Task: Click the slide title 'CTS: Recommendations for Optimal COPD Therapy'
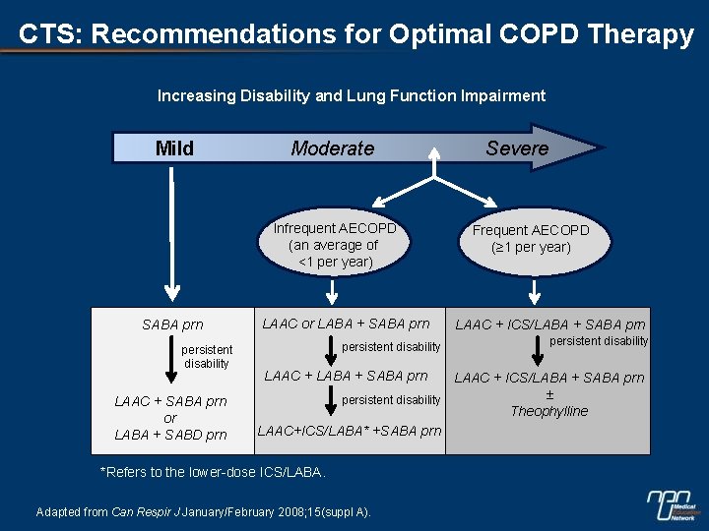pyautogui.click(x=355, y=34)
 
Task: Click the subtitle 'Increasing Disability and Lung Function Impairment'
pyautogui.click(x=352, y=96)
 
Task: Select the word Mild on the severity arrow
pyautogui.click(x=174, y=148)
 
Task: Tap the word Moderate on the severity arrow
pyautogui.click(x=333, y=148)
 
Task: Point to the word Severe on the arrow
pyautogui.click(x=517, y=148)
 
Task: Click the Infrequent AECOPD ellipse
pyautogui.click(x=335, y=245)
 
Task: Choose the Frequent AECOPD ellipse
pyautogui.click(x=531, y=239)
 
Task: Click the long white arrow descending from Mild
pyautogui.click(x=172, y=236)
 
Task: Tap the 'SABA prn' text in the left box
pyautogui.click(x=172, y=325)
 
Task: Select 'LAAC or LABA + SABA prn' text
pyautogui.click(x=346, y=324)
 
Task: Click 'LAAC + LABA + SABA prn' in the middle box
pyautogui.click(x=346, y=376)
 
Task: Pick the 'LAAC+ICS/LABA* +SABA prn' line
pyautogui.click(x=349, y=430)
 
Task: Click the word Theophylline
pyautogui.click(x=548, y=411)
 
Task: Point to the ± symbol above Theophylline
pyautogui.click(x=549, y=394)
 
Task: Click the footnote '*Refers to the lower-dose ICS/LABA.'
pyautogui.click(x=213, y=473)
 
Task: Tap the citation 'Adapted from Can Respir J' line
pyautogui.click(x=203, y=511)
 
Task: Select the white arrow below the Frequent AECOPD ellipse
pyautogui.click(x=535, y=290)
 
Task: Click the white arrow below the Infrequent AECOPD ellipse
pyautogui.click(x=332, y=292)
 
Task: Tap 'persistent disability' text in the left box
pyautogui.click(x=207, y=356)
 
